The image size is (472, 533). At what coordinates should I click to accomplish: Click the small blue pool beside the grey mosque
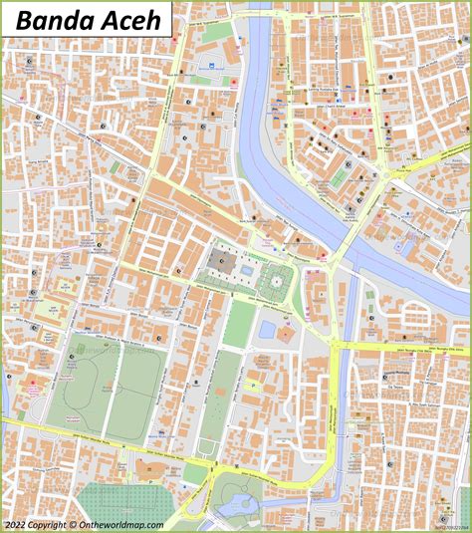pyautogui.click(x=246, y=269)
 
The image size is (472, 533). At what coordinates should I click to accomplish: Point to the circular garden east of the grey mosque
pyautogui.click(x=273, y=282)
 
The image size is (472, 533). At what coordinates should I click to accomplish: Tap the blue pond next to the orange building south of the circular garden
pyautogui.click(x=266, y=328)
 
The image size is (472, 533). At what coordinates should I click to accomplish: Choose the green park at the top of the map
pyautogui.click(x=217, y=32)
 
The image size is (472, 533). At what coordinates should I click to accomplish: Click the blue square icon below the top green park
pyautogui.click(x=211, y=67)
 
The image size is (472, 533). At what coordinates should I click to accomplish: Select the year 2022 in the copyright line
pyautogui.click(x=15, y=524)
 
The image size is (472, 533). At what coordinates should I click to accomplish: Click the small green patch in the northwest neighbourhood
pyautogui.click(x=118, y=167)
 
